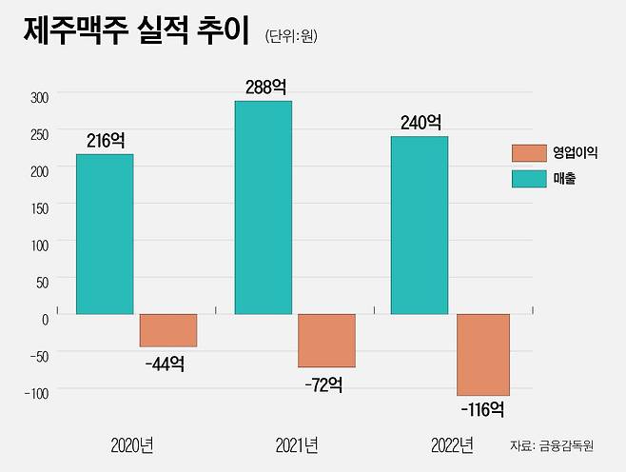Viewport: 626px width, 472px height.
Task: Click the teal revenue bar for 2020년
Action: pos(105,234)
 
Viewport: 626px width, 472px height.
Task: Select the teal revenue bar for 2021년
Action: pos(264,207)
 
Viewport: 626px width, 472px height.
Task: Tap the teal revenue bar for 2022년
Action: pos(420,225)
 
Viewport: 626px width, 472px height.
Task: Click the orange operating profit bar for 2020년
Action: pos(168,330)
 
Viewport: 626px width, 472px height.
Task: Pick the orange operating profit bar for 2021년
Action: pos(326,341)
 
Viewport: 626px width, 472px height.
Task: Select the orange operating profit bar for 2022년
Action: pos(482,354)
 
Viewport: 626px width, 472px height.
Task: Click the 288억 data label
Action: pos(264,87)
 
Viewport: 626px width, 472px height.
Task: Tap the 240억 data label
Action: pos(420,122)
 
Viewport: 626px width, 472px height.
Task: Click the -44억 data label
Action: pos(166,363)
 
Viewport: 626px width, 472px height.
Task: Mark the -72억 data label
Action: pos(323,384)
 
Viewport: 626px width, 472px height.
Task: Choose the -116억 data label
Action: pos(481,411)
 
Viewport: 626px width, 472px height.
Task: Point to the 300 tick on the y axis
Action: pos(38,97)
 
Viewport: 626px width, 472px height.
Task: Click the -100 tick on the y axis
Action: pos(34,391)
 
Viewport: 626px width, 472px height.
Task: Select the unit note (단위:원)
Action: pos(291,36)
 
